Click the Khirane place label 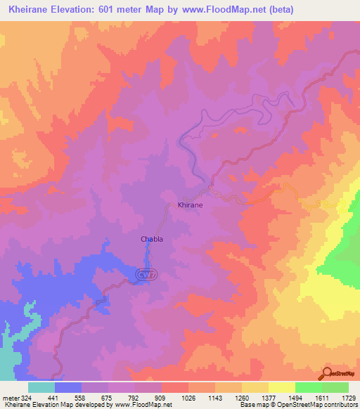(190, 204)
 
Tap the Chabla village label (152, 239)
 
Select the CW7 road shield (144, 273)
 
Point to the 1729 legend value (349, 397)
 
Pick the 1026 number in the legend (188, 397)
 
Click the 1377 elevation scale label (268, 397)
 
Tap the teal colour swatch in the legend (41, 387)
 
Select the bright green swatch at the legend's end (335, 387)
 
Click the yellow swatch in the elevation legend (281, 387)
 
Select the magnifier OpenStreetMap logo (328, 373)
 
